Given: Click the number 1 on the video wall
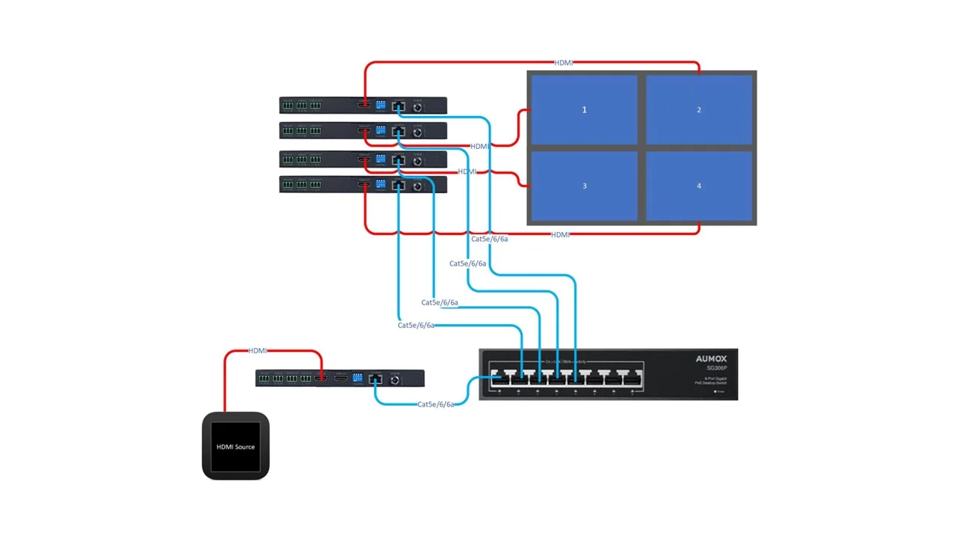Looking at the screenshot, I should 585,109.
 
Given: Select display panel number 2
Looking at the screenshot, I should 699,110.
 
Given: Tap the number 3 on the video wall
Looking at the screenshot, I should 585,186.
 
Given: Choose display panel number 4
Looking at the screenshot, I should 699,186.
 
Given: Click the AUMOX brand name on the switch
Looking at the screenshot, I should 711,359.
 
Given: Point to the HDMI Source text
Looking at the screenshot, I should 236,447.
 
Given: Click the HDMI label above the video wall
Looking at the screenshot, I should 564,63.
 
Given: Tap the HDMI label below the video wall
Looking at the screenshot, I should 561,235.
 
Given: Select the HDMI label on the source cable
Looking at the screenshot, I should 258,351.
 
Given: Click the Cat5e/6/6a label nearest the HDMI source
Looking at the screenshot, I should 436,404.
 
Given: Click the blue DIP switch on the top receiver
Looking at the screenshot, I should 381,104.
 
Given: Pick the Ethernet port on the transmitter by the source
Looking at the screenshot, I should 376,379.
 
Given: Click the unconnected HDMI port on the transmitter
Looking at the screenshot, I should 341,379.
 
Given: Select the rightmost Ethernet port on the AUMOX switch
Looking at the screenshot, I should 632,377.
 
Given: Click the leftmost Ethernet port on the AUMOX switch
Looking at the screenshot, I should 499,377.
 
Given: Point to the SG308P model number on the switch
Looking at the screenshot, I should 716,368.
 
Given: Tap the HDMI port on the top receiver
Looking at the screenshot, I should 364,105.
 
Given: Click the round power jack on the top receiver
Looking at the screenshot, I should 417,107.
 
